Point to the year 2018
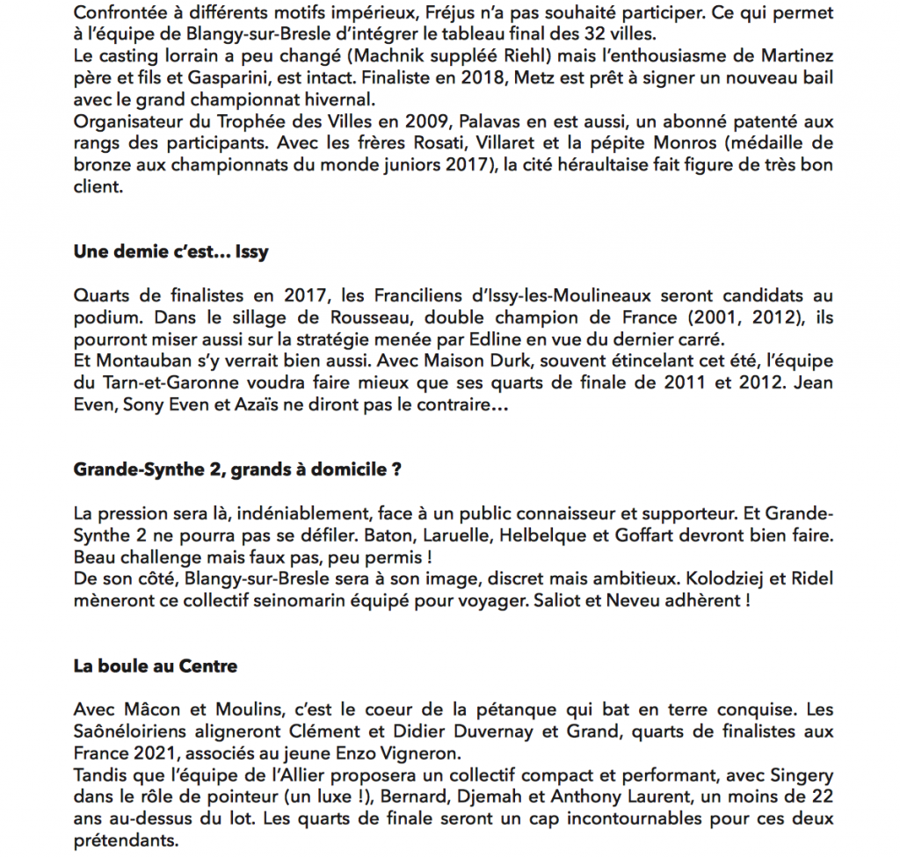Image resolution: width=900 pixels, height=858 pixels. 461,77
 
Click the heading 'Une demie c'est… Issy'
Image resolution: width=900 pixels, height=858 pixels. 171,253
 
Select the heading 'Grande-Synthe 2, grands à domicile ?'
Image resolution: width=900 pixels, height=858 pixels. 237,469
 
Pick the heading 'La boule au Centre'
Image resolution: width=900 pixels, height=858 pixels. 155,666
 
